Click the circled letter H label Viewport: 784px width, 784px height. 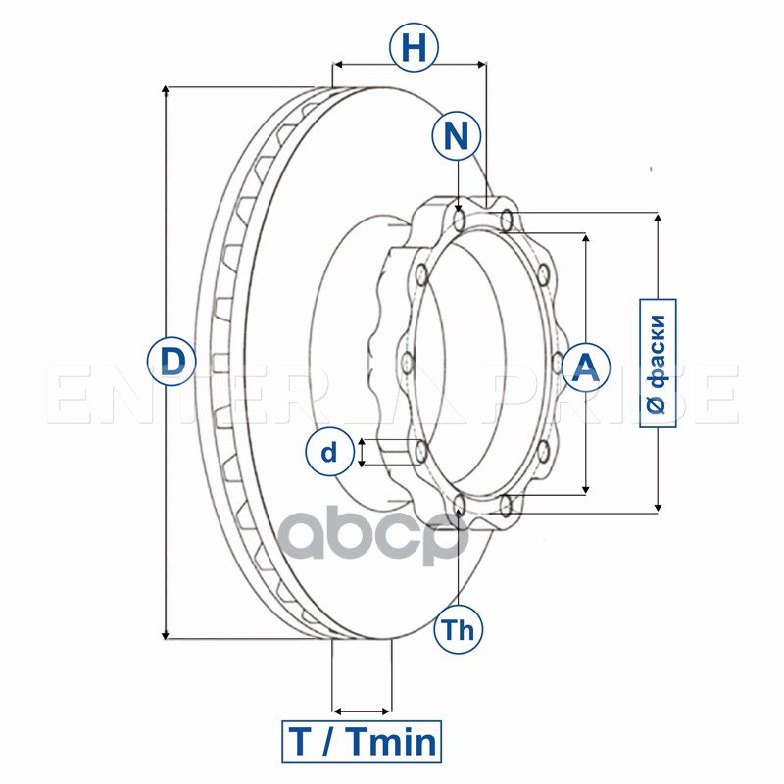[414, 47]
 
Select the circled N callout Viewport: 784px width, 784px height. [456, 136]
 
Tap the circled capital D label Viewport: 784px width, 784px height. [171, 362]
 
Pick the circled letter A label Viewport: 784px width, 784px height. [585, 367]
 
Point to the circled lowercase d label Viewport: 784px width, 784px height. [330, 452]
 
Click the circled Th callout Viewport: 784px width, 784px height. [458, 629]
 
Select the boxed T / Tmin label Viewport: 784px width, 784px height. [362, 741]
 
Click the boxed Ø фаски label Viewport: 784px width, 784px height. [658, 362]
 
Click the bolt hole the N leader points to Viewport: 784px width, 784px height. [460, 215]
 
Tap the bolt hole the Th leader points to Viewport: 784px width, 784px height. [460, 506]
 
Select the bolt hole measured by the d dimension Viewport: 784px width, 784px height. [420, 453]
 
